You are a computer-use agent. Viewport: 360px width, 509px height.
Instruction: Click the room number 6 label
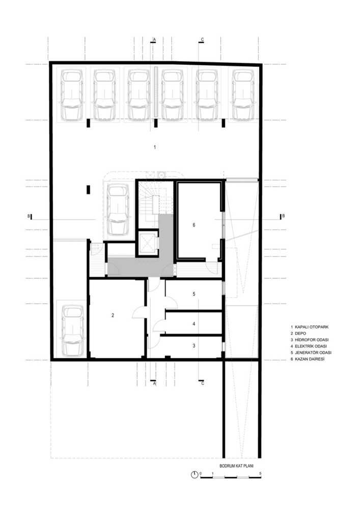194,225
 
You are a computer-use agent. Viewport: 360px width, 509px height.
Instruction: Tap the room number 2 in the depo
113,315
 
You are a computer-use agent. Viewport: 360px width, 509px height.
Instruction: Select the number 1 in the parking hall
155,147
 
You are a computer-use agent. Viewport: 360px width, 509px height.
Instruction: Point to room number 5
194,294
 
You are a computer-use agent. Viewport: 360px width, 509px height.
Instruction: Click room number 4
194,324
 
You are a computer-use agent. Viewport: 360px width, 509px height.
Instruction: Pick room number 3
194,346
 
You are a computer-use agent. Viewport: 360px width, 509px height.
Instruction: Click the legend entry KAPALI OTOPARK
310,327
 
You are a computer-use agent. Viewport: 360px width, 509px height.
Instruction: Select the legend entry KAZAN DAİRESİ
310,359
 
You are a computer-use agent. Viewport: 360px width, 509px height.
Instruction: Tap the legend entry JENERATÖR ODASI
313,353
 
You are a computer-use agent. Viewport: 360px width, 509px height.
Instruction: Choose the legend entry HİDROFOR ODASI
312,340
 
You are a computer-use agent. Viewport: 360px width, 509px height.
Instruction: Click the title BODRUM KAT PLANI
236,466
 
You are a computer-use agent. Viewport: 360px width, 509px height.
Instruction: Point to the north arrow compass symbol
195,474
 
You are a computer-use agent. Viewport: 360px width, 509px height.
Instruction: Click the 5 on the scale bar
261,473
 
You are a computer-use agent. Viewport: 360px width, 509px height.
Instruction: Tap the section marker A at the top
154,40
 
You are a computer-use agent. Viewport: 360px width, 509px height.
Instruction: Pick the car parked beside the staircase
119,210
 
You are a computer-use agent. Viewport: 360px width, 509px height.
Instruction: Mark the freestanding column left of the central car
88,189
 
